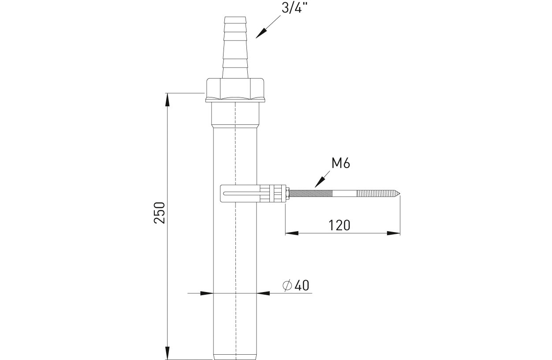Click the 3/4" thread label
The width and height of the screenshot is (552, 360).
[x=295, y=8]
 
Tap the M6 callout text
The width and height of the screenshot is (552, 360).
[x=341, y=163]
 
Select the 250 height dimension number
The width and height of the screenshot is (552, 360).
[x=159, y=213]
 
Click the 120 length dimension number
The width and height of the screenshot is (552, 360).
[x=339, y=225]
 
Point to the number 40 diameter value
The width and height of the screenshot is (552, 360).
[x=302, y=285]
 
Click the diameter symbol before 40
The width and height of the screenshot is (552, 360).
[x=287, y=286]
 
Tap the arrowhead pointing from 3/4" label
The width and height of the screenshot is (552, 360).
[x=261, y=33]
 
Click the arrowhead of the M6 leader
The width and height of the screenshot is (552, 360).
[x=319, y=183]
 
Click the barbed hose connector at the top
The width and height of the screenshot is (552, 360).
[x=235, y=47]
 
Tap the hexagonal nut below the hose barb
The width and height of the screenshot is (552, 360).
[x=235, y=90]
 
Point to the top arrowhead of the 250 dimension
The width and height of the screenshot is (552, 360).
[x=168, y=100]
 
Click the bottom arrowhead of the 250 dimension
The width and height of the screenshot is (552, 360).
[x=168, y=353]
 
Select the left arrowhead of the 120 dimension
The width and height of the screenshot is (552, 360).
[x=292, y=233]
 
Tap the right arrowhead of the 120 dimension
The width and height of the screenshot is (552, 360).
[x=394, y=233]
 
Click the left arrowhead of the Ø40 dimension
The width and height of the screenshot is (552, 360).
[x=206, y=293]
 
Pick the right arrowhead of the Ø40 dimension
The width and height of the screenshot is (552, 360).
[x=263, y=293]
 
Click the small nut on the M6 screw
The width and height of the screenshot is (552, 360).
[x=287, y=194]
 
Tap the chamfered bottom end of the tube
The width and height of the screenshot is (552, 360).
[x=235, y=357]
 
